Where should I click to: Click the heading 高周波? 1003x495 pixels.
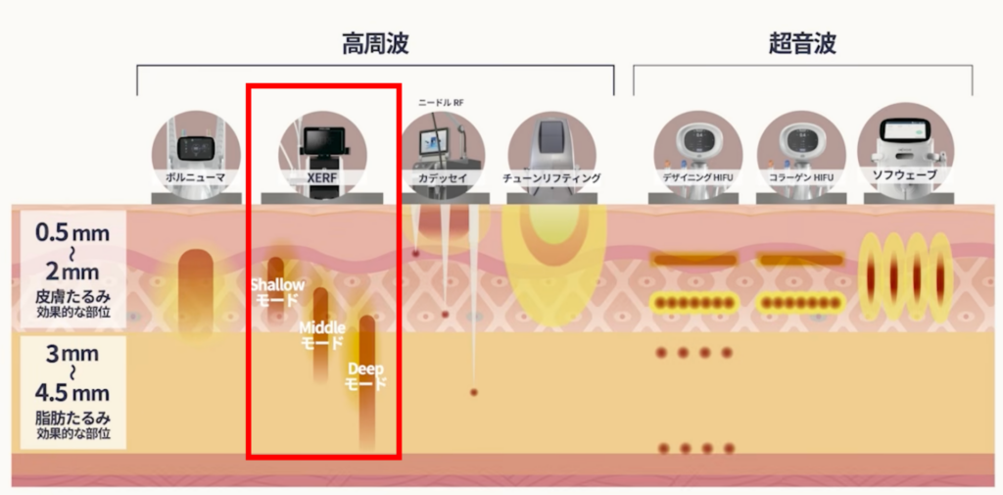click(375, 44)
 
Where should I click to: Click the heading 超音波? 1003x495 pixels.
click(802, 44)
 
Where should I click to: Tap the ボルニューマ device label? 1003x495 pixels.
click(196, 177)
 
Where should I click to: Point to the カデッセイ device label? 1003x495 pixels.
click(443, 177)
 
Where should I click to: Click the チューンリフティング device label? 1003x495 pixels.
click(551, 177)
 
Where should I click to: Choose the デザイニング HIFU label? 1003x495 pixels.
click(697, 177)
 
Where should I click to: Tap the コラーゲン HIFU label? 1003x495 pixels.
click(801, 177)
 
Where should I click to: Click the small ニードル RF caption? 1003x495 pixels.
click(441, 102)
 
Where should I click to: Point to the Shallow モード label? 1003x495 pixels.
click(277, 291)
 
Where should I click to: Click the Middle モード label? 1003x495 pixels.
click(321, 335)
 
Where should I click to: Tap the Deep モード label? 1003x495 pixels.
click(366, 376)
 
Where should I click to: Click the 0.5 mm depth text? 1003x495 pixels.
click(72, 233)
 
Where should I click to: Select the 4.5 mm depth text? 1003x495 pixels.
click(72, 392)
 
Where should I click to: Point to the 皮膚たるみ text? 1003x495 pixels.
click(72, 297)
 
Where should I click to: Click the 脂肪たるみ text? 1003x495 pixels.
click(72, 419)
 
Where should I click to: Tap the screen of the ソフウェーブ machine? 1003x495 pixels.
click(904, 129)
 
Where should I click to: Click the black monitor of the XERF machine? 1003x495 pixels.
click(322, 138)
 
